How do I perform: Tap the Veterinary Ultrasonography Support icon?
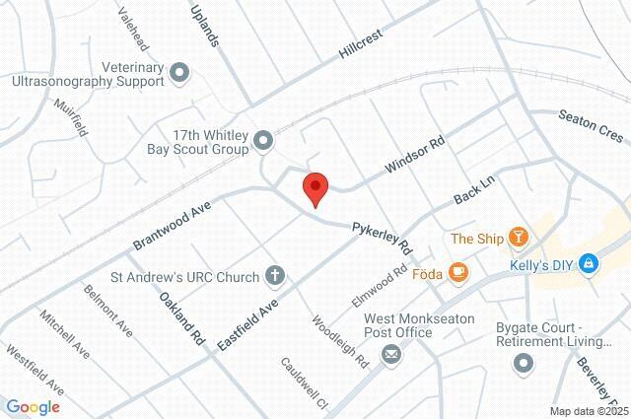[179, 72]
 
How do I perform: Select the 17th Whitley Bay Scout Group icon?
[263, 142]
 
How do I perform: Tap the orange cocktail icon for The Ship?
[519, 237]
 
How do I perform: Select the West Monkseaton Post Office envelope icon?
[391, 354]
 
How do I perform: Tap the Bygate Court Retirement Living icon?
[524, 365]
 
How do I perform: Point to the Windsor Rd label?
[415, 156]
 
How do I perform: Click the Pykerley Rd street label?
[384, 234]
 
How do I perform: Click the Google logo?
[33, 407]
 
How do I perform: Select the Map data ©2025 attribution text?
[588, 411]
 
